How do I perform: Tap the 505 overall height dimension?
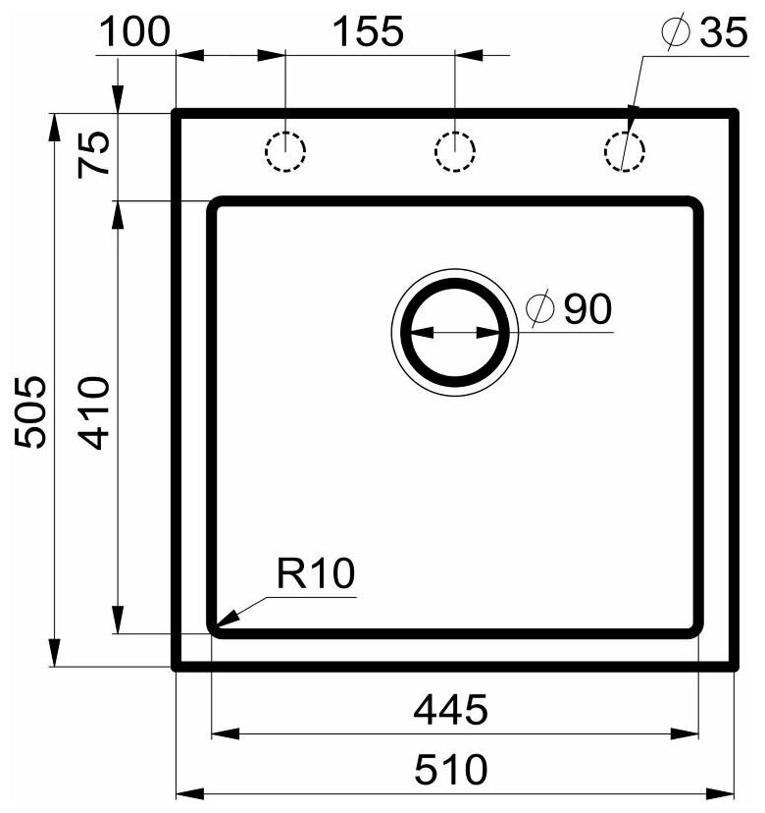[33, 410]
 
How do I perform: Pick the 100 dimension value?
[134, 31]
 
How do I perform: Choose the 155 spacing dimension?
[367, 31]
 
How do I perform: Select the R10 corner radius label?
[314, 574]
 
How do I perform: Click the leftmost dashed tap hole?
[285, 151]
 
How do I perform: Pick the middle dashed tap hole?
[455, 151]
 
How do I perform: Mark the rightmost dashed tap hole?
[625, 151]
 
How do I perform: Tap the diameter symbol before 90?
[540, 309]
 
